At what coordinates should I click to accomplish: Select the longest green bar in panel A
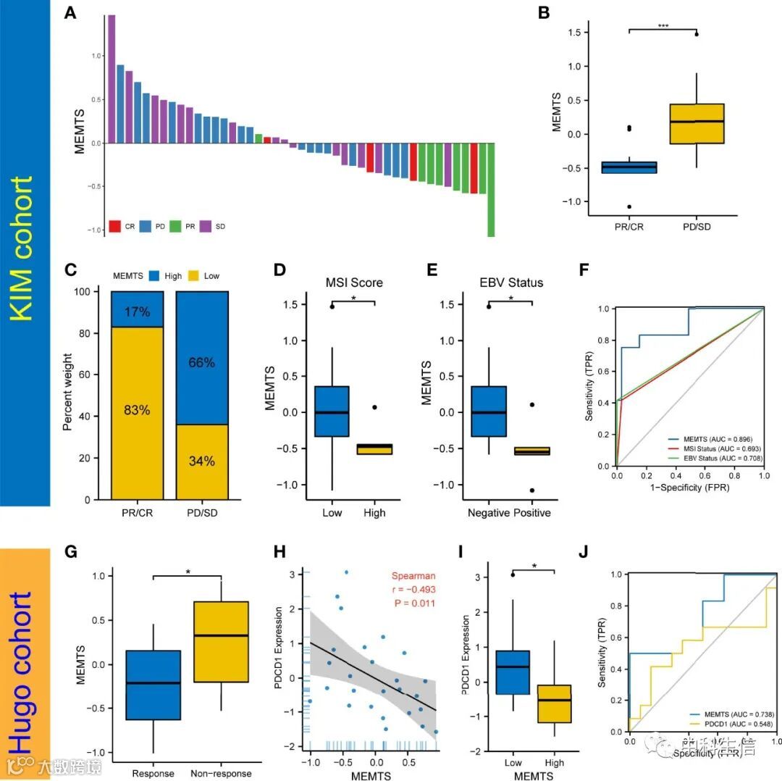click(490, 190)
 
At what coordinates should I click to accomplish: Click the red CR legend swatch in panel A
click(114, 226)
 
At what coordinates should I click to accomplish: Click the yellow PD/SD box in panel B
click(696, 124)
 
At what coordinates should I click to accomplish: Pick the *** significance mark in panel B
click(663, 26)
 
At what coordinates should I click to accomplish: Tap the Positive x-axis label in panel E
click(531, 513)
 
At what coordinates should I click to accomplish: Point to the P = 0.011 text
click(413, 601)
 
